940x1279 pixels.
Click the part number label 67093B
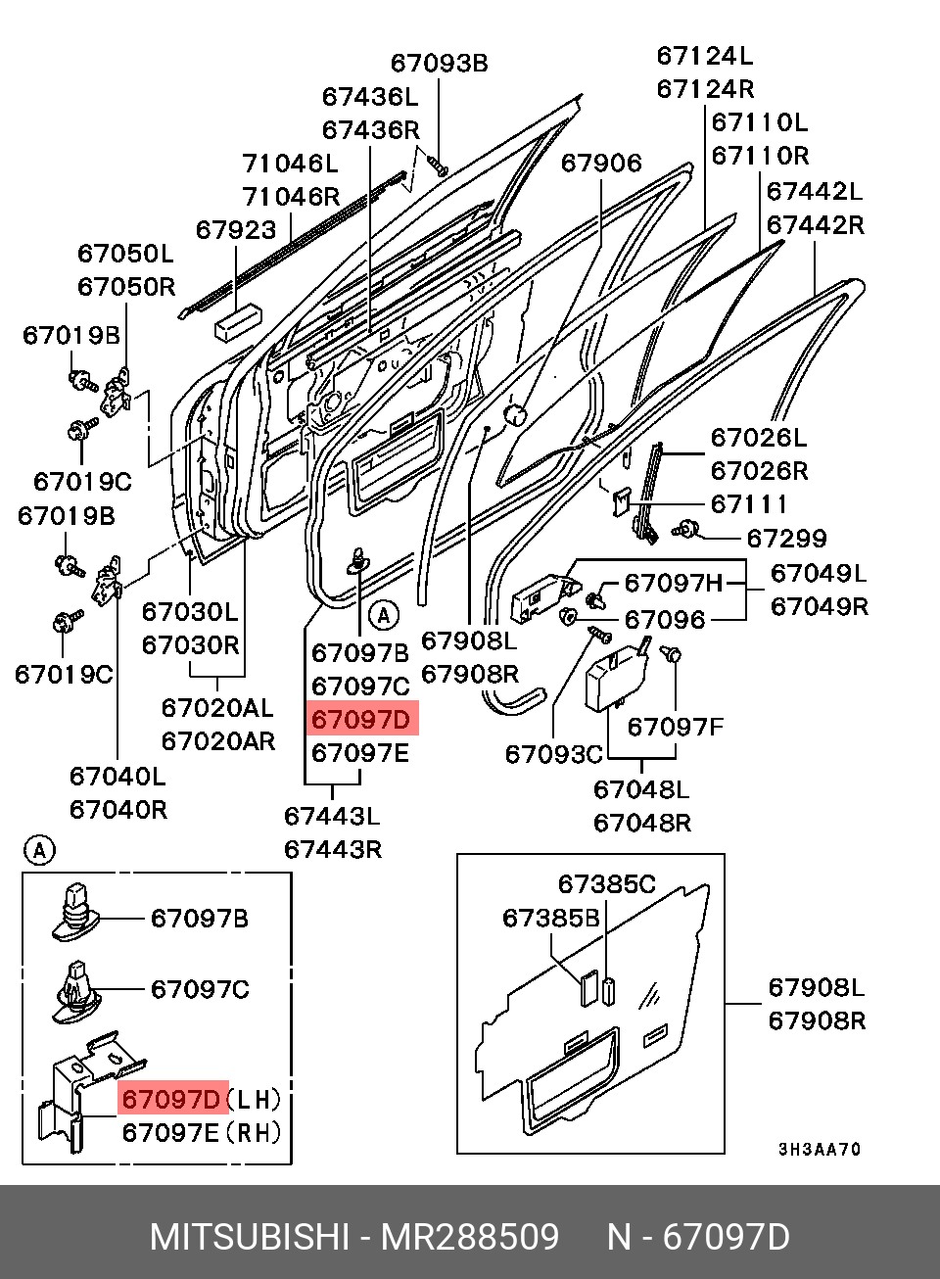click(x=439, y=64)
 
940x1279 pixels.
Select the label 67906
click(x=601, y=163)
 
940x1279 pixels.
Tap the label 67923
click(x=236, y=230)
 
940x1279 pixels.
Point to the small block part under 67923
click(x=239, y=320)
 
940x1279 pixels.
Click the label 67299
click(x=786, y=538)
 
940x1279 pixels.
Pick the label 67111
click(x=749, y=504)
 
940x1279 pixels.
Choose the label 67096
click(x=665, y=620)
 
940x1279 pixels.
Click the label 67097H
click(x=673, y=584)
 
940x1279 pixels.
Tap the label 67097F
click(x=675, y=727)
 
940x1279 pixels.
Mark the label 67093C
click(x=553, y=754)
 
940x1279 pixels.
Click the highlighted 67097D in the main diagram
click(x=361, y=720)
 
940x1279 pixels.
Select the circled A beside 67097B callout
click(x=384, y=615)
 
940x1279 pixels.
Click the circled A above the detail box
click(x=39, y=850)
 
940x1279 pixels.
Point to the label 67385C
click(x=606, y=884)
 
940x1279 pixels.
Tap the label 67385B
click(x=550, y=919)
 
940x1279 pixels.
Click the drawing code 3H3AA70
click(x=820, y=1150)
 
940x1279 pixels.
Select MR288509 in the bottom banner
click(x=470, y=1237)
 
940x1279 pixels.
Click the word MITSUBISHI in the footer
click(x=249, y=1237)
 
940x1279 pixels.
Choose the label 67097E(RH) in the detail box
click(x=201, y=1133)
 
